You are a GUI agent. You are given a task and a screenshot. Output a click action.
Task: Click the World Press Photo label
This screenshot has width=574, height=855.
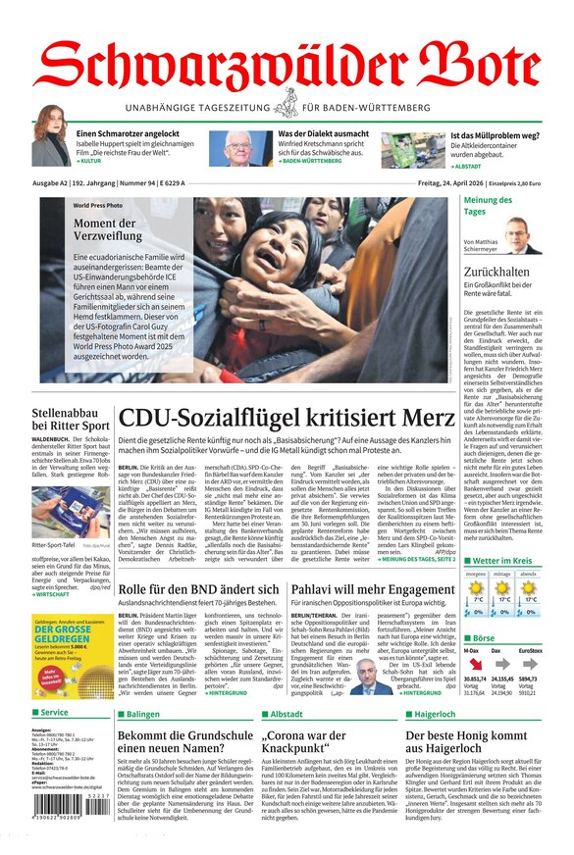[x=98, y=206]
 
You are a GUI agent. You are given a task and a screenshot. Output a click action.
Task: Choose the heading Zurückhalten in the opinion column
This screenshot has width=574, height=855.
[x=496, y=272]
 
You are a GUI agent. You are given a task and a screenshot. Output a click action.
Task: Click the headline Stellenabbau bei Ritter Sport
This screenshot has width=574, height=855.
[x=70, y=420]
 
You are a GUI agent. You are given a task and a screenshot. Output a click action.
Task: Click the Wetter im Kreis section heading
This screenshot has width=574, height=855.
[x=502, y=561]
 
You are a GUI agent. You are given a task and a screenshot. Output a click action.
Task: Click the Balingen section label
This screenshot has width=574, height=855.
[x=142, y=714]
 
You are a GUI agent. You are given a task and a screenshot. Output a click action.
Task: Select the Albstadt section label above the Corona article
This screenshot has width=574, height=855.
[x=286, y=714]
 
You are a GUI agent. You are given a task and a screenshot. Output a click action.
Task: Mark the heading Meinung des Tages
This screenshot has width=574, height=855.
[x=488, y=205]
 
